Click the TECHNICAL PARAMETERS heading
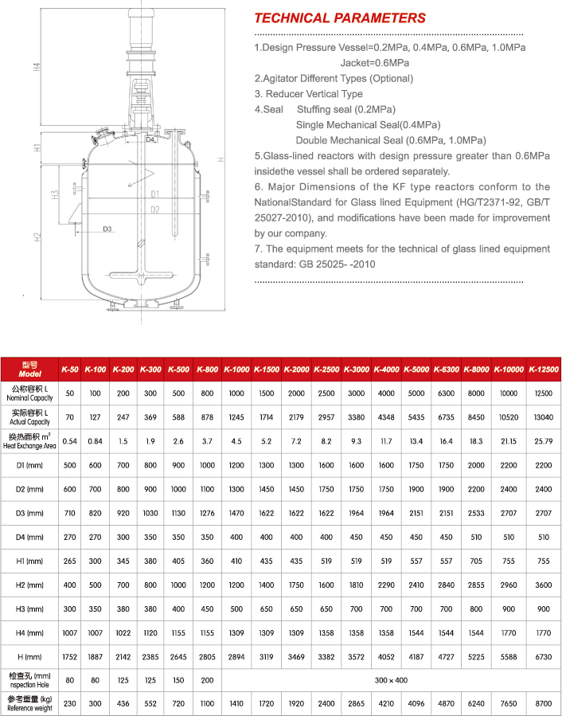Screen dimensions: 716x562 339,18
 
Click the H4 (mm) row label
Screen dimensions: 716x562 29,634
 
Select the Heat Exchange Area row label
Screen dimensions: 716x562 29,441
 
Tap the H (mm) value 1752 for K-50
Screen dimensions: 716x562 70,657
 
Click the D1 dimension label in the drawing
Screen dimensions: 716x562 155,194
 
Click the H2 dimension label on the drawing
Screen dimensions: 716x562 37,237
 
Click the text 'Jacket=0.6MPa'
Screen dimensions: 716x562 374,63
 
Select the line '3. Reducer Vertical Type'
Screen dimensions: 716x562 308,94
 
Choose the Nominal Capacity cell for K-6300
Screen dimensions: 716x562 445,393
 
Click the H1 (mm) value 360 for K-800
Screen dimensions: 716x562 208,561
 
